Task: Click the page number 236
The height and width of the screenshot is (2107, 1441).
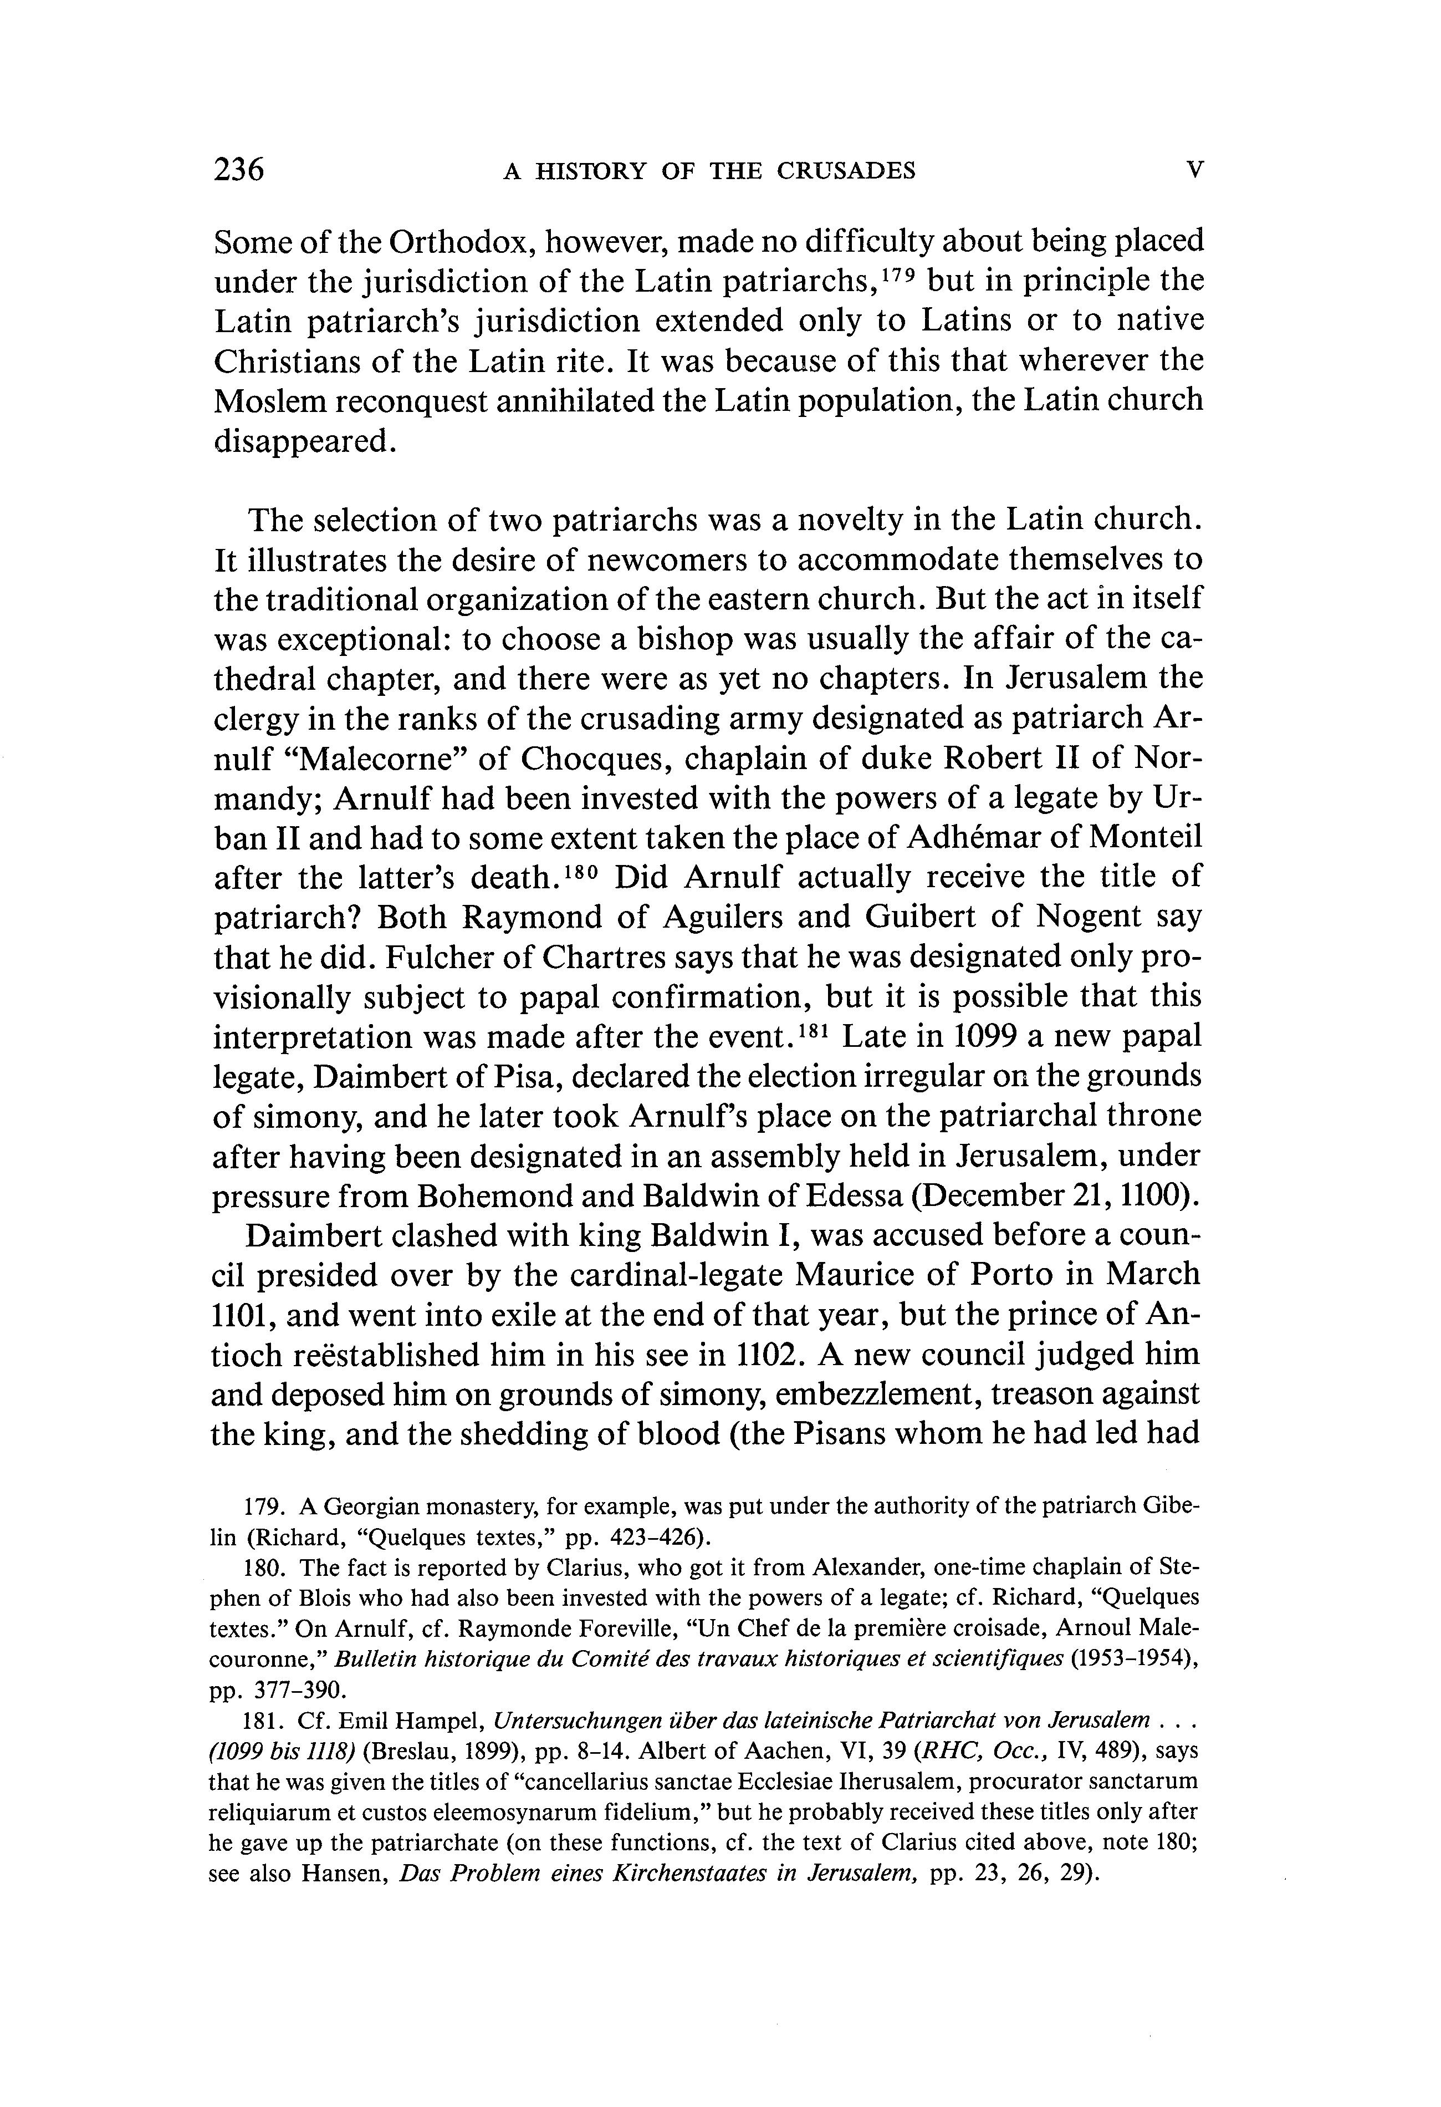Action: [238, 170]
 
